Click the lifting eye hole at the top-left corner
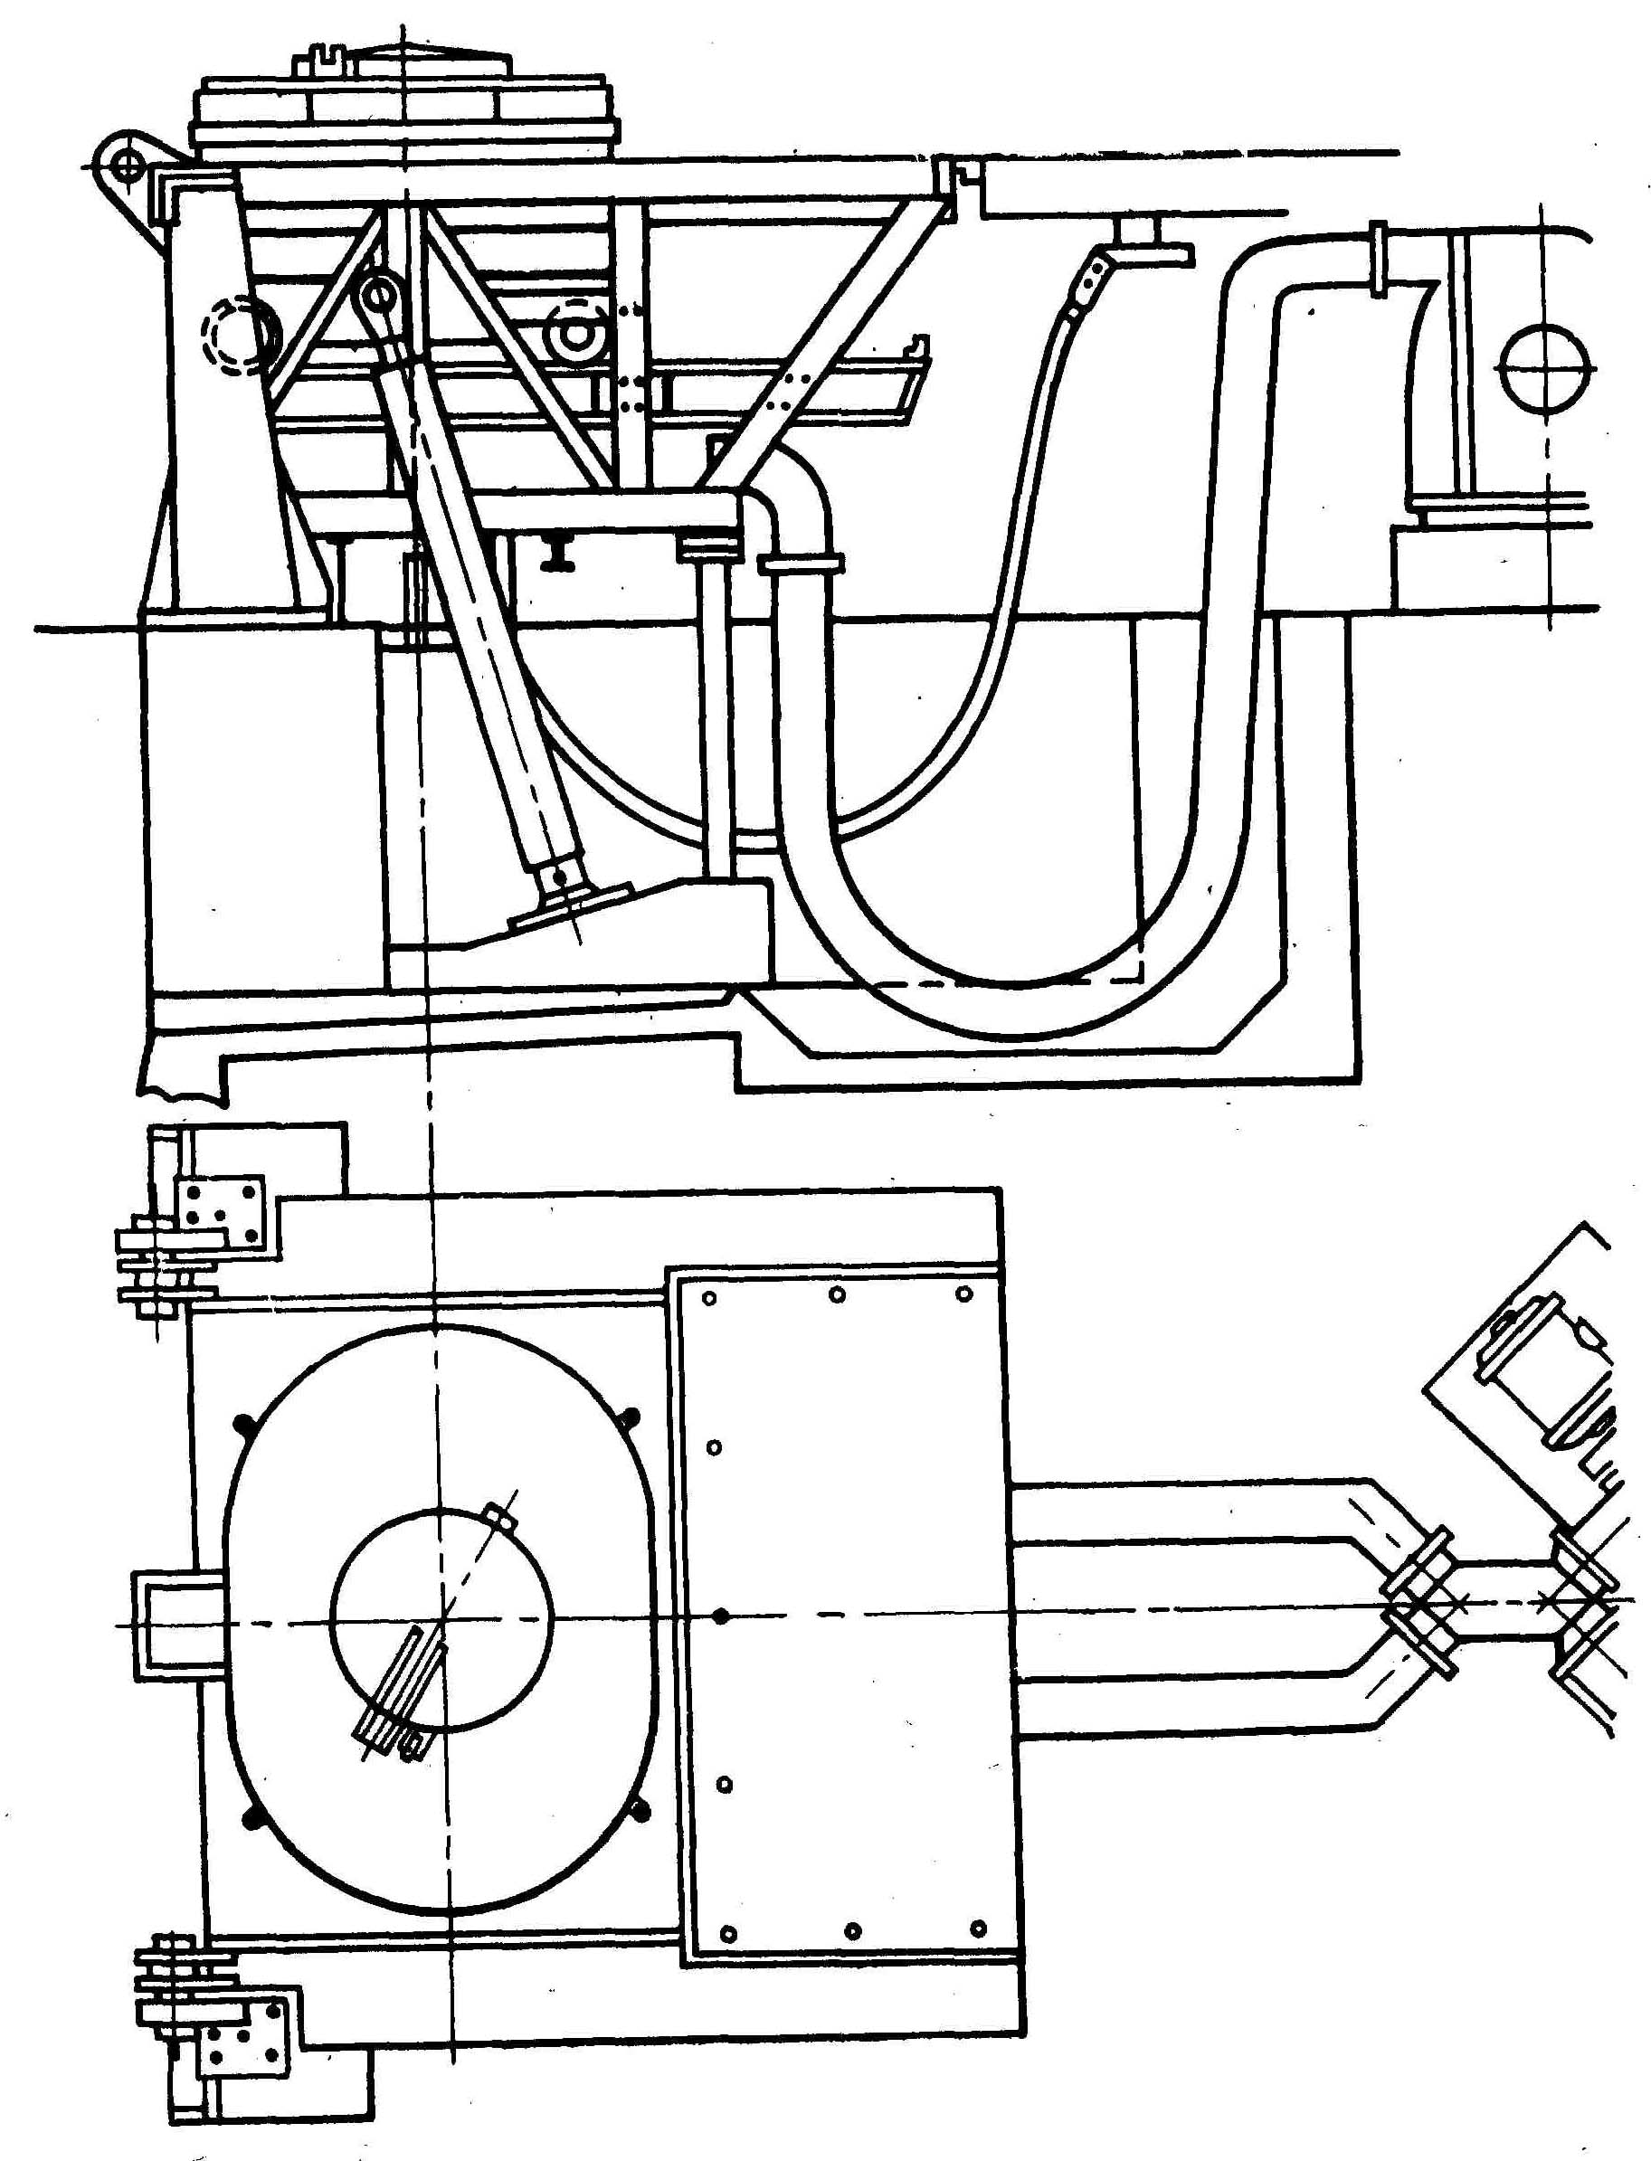(126, 166)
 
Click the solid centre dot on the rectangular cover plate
(722, 1616)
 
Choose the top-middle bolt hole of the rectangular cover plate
(838, 1295)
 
